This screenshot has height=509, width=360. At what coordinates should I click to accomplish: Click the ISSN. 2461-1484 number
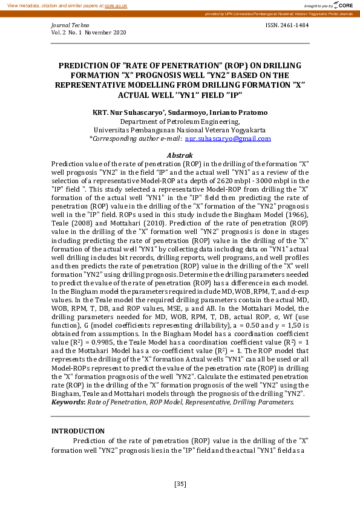tap(287, 25)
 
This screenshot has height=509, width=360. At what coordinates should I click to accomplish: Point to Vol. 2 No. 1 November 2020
tap(89, 33)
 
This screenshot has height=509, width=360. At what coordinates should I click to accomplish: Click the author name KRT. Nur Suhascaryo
tap(125, 113)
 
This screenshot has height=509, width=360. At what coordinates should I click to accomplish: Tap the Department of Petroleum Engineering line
tap(180, 122)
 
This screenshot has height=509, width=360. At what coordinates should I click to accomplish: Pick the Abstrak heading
tap(180, 155)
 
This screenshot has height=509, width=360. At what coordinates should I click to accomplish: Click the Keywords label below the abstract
tap(68, 402)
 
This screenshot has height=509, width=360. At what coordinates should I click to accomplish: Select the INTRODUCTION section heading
tap(77, 431)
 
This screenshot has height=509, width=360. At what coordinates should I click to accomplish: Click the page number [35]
tap(180, 484)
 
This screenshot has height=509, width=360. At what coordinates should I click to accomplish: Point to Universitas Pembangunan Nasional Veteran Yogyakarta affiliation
tap(180, 130)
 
